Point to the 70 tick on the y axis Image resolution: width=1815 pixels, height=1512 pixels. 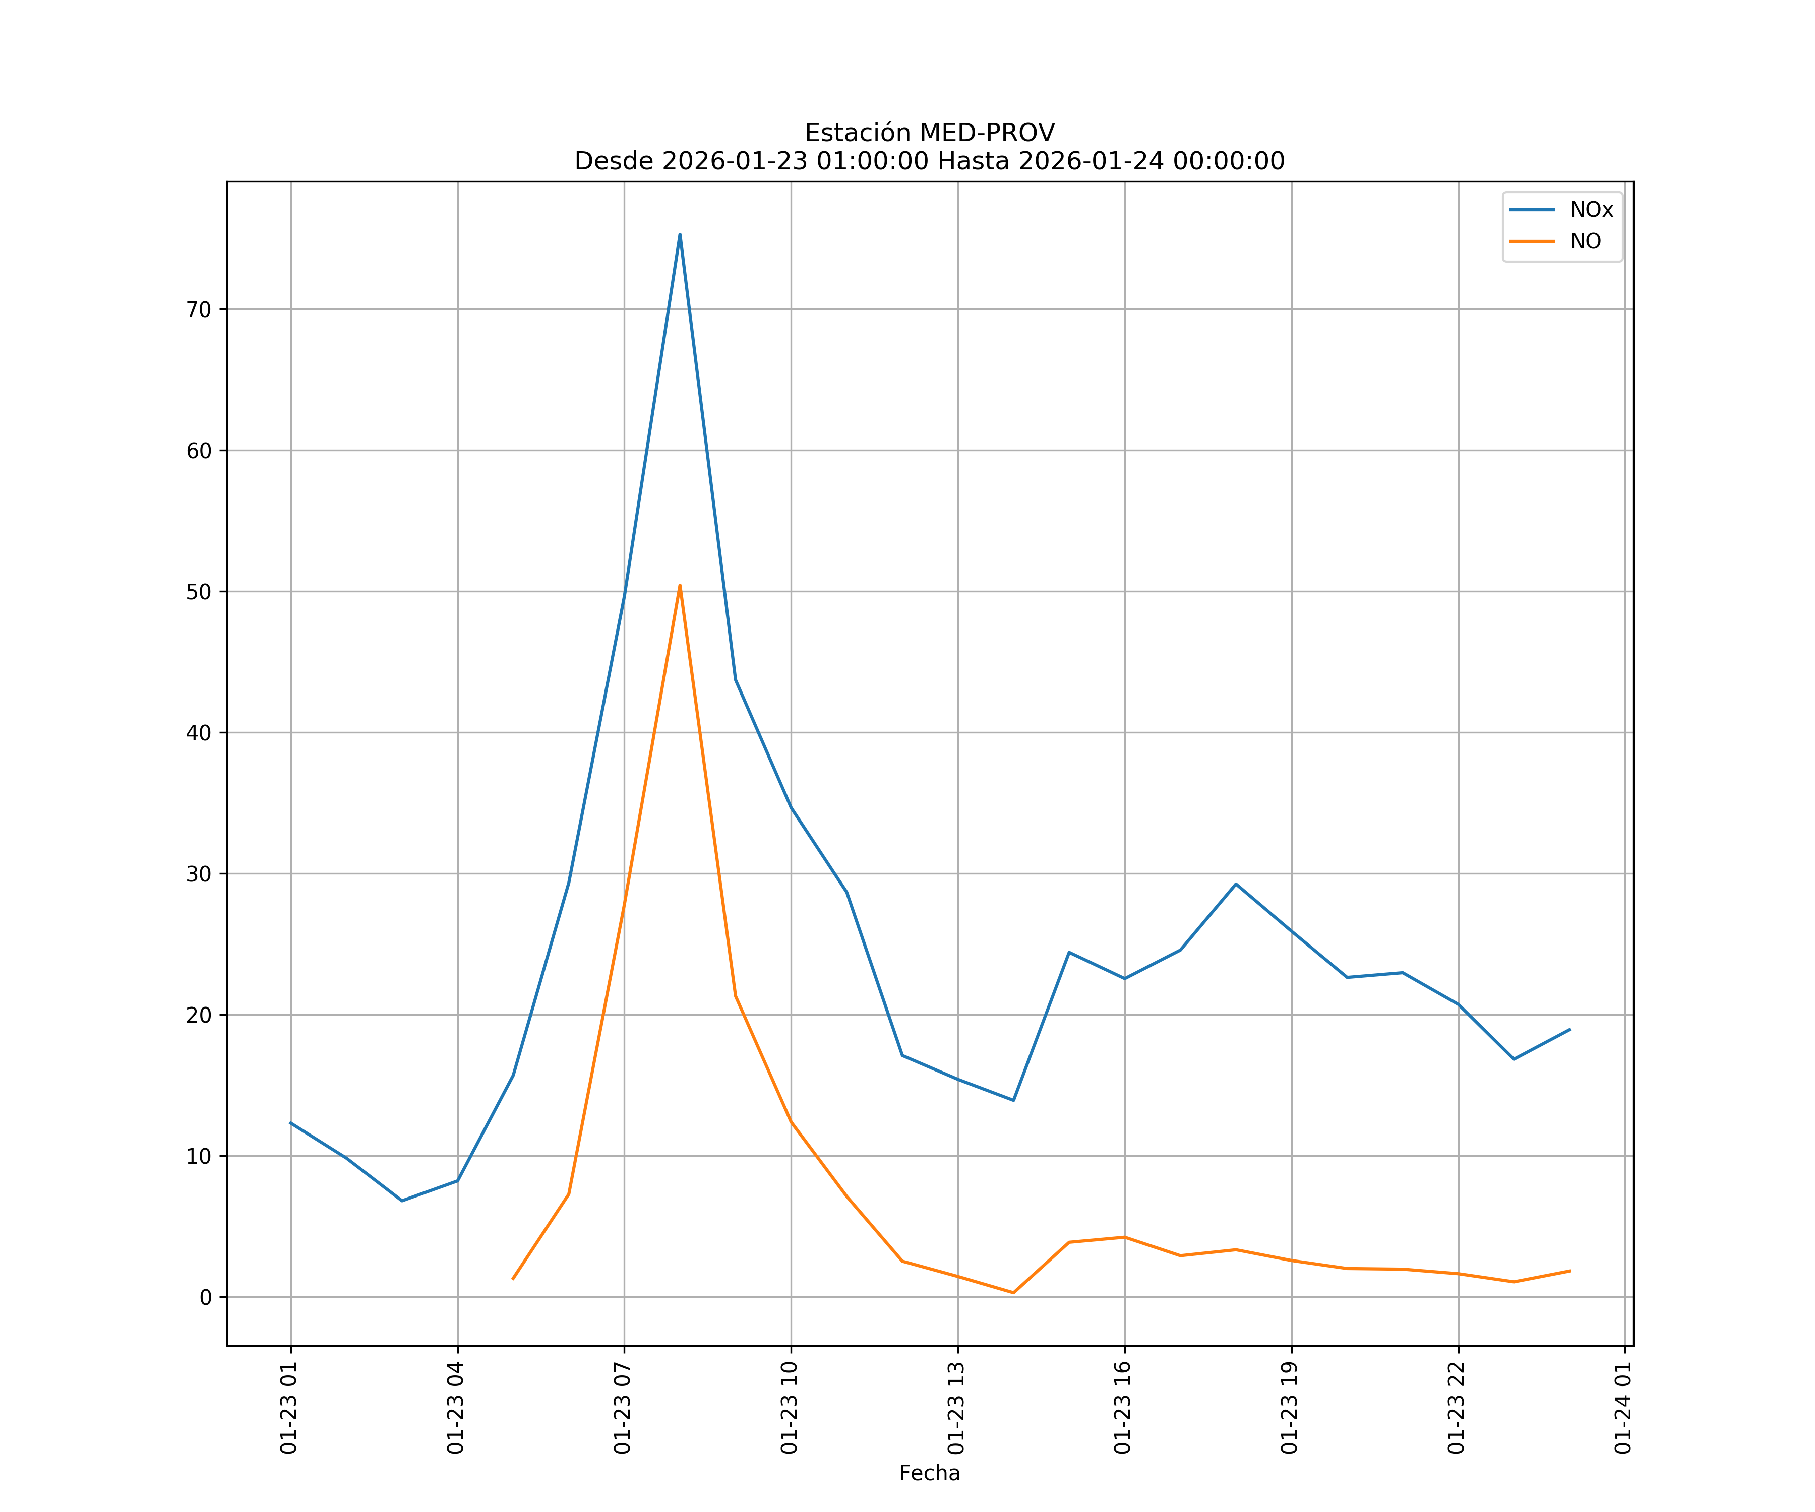[199, 309]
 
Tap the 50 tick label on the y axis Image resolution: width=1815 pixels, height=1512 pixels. [199, 592]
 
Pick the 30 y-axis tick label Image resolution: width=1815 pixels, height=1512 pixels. [199, 873]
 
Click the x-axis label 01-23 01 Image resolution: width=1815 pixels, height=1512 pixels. [289, 1408]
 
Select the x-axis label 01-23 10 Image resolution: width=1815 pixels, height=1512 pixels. [789, 1408]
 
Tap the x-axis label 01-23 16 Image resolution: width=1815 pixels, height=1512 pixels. [1123, 1408]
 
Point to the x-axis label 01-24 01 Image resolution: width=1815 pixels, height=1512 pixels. [1623, 1408]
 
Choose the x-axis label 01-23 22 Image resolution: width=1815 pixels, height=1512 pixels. [1457, 1408]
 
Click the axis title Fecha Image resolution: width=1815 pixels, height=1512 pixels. [929, 1473]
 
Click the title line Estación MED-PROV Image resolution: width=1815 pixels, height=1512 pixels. [929, 133]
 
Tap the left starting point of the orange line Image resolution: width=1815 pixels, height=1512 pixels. [513, 1279]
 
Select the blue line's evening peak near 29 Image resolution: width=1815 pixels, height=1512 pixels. [1236, 884]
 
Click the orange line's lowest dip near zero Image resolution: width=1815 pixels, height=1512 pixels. [1013, 1293]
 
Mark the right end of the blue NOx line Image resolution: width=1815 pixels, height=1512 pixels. [1569, 1029]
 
